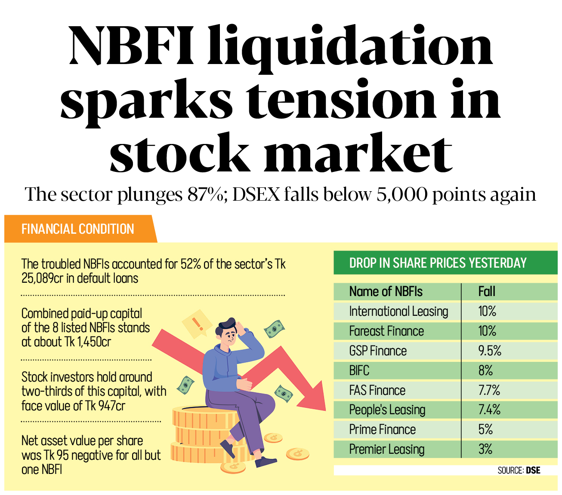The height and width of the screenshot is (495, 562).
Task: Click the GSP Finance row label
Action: (378, 351)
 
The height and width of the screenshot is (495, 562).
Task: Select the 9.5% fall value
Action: (490, 351)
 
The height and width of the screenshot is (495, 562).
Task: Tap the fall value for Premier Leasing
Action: (485, 449)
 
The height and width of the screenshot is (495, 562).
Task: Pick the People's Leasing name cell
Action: (387, 410)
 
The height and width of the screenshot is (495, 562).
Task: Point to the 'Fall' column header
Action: (487, 292)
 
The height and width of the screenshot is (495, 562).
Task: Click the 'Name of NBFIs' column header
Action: (386, 292)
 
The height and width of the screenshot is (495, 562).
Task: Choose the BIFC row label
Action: (359, 371)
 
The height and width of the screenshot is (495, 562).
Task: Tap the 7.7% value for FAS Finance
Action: (489, 390)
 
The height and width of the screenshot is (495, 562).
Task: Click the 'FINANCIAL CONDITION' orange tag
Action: (78, 229)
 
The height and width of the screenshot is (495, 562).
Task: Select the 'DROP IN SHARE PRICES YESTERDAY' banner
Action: (438, 263)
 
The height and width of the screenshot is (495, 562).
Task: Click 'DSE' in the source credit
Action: (533, 471)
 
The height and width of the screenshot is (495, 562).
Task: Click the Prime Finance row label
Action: (382, 430)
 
